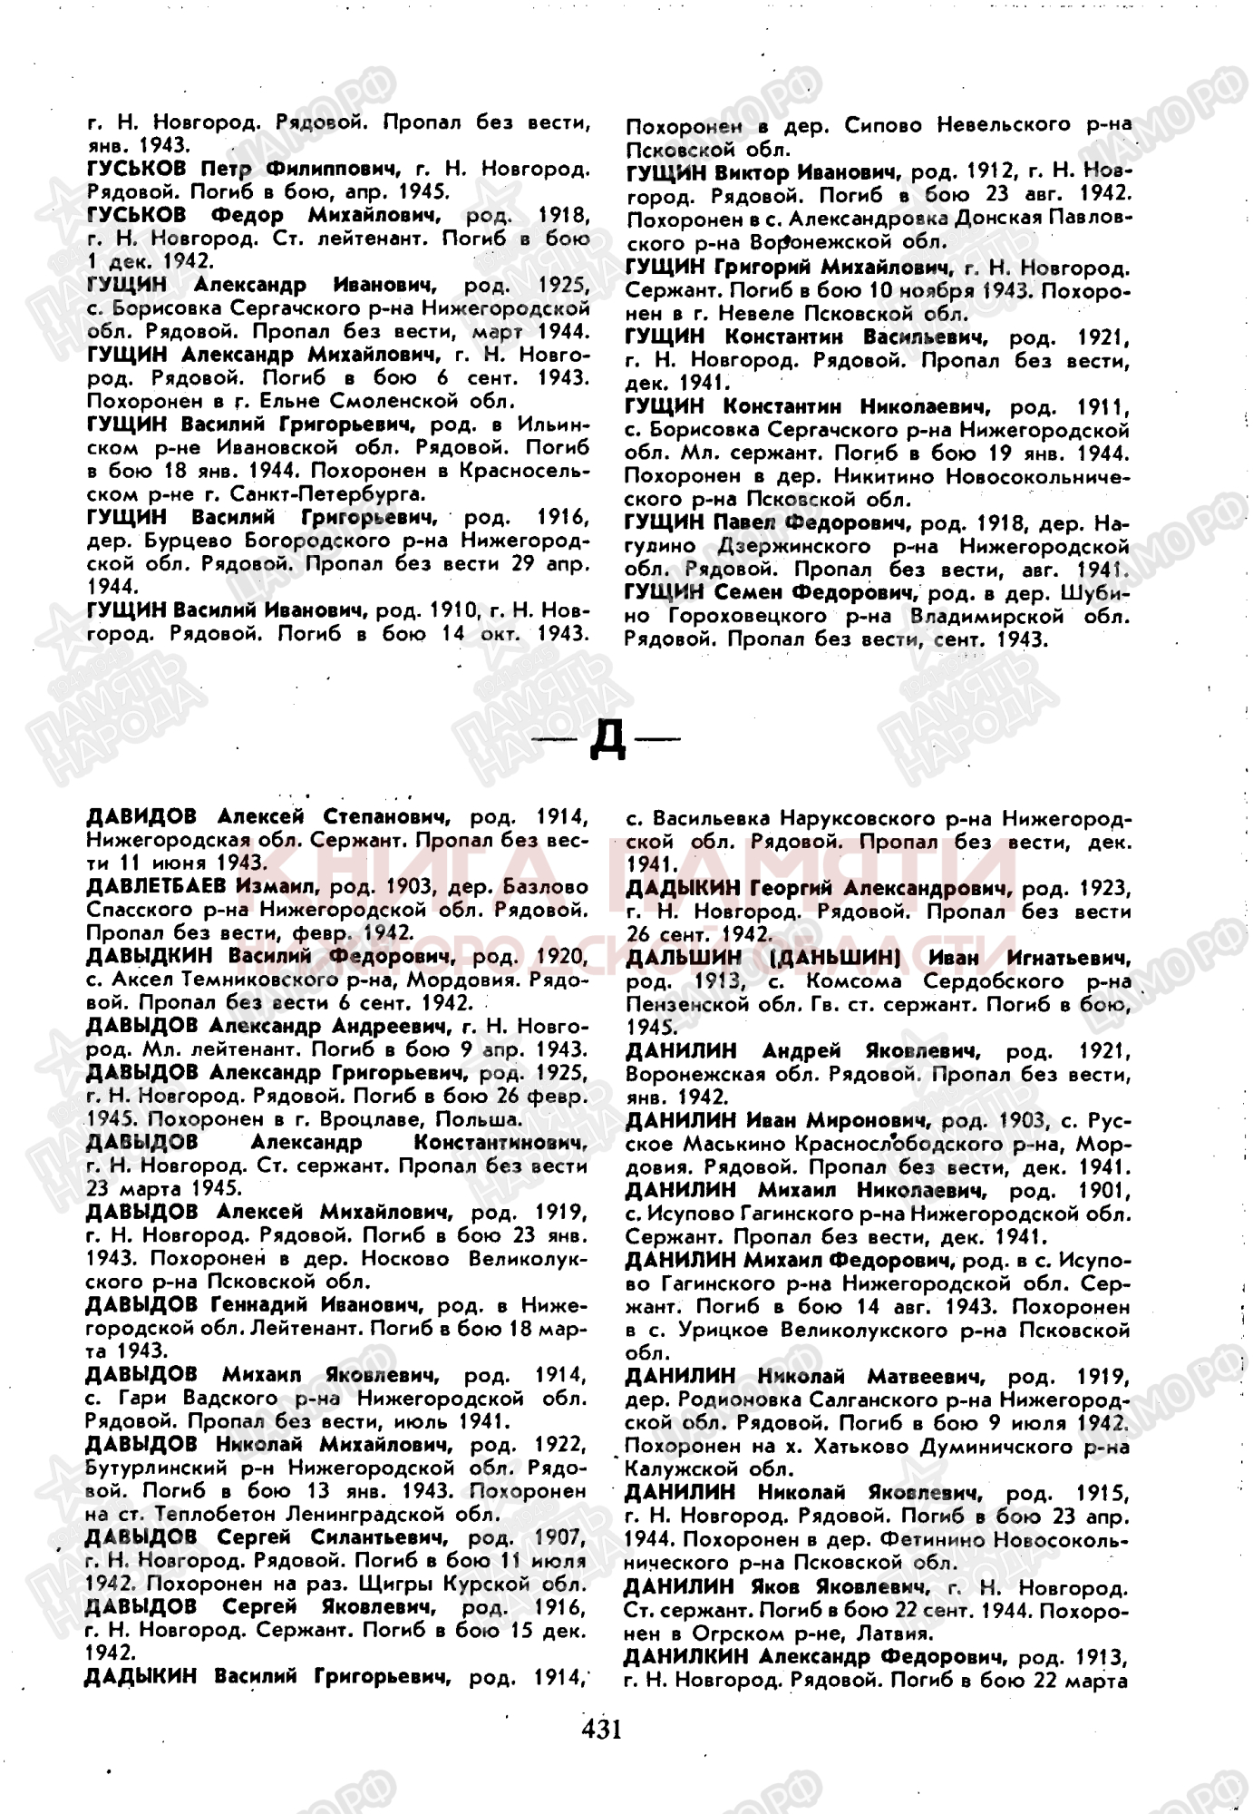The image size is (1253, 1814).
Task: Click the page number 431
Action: (x=601, y=1728)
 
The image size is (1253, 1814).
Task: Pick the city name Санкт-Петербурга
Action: (x=326, y=494)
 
